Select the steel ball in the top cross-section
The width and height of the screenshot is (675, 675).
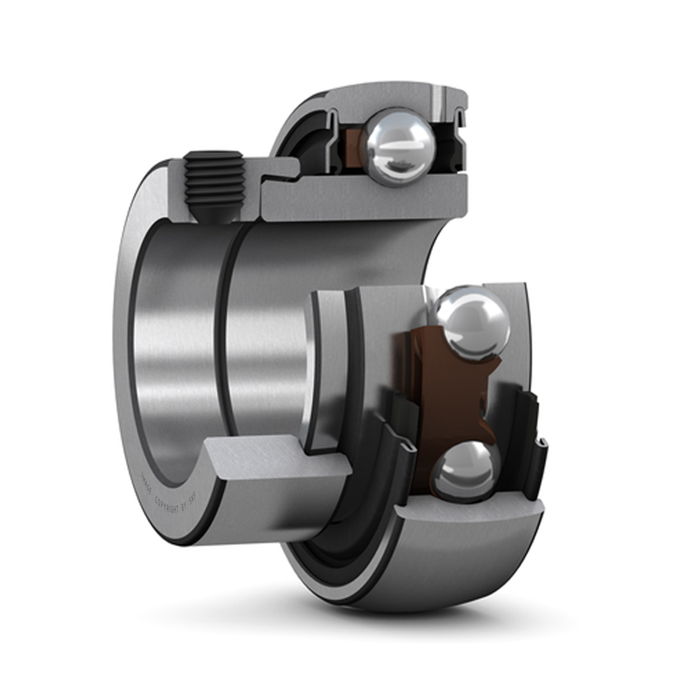point(400,146)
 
